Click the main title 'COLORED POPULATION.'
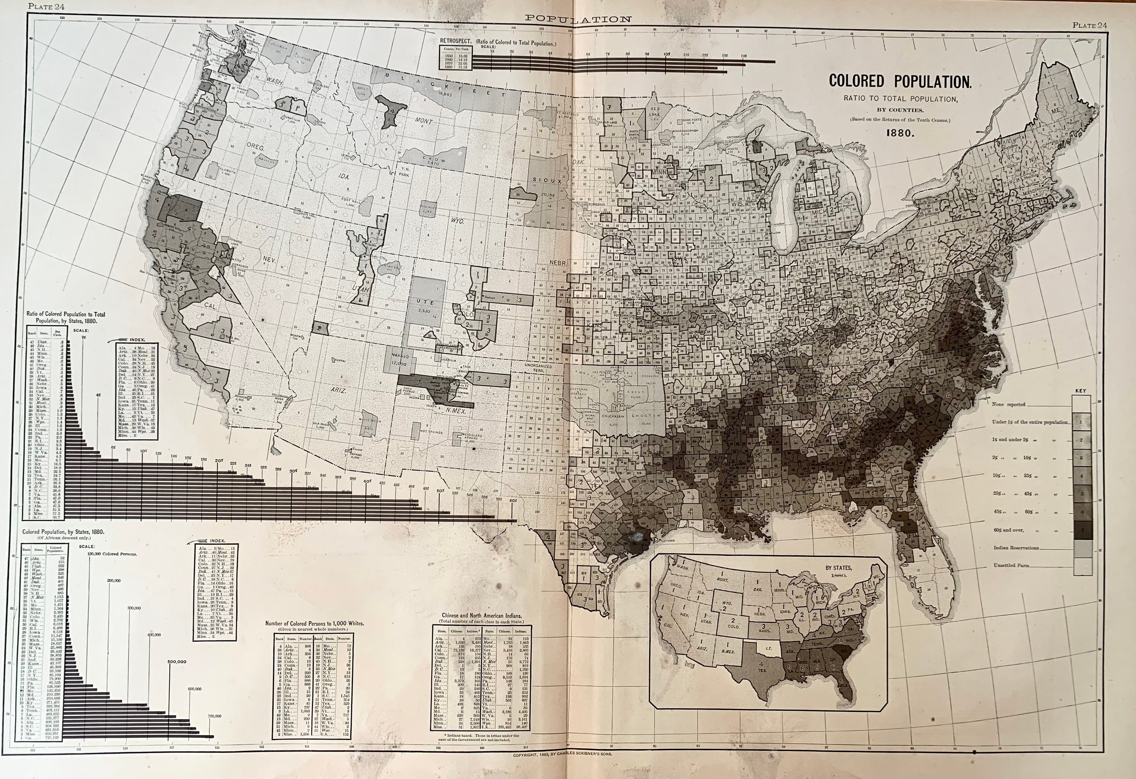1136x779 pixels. [900, 82]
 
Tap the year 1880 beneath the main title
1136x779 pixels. [900, 133]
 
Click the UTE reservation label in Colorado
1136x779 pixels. [423, 302]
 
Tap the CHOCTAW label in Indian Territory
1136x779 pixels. [646, 416]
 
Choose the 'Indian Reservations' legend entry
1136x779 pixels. [1016, 548]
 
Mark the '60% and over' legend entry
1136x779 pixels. [1008, 530]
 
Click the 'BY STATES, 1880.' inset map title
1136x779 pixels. [838, 571]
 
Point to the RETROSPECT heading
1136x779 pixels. [455, 42]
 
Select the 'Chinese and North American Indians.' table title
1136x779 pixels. [481, 616]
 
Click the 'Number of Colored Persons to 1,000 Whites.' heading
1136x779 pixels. [314, 624]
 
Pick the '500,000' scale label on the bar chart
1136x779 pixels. [177, 662]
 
